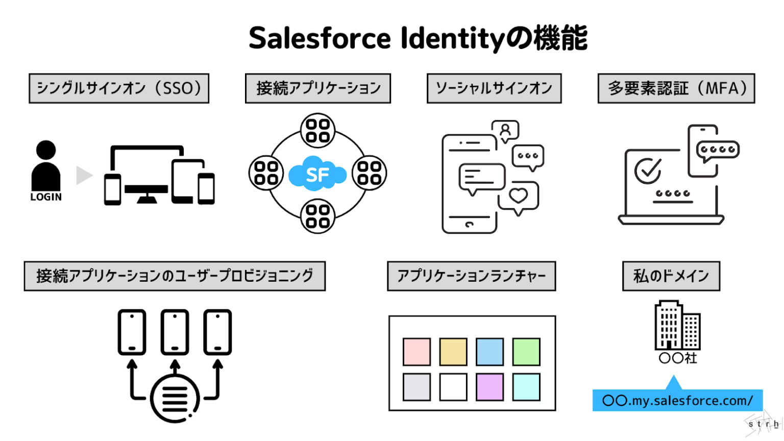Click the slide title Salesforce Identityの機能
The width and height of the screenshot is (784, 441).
(418, 38)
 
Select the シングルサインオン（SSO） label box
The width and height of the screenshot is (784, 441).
(119, 88)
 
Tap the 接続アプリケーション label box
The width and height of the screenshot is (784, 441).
(318, 88)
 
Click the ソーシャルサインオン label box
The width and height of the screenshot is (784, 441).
(494, 88)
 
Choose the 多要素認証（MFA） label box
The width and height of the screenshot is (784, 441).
(676, 88)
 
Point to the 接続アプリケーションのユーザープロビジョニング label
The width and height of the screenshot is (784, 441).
(175, 276)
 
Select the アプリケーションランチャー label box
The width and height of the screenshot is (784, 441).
(471, 276)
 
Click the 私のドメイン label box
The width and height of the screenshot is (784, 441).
(671, 276)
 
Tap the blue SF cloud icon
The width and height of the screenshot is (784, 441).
(317, 174)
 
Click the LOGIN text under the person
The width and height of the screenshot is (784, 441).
(46, 197)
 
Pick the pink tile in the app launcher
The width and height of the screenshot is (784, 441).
(416, 352)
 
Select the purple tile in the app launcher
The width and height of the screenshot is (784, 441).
(489, 387)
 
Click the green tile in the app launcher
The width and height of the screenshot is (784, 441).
(526, 352)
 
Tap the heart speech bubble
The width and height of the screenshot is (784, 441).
(519, 196)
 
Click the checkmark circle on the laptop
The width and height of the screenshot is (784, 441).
(648, 170)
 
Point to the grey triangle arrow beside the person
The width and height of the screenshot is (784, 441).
(83, 175)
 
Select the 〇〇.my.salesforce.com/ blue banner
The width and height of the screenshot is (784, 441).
(677, 401)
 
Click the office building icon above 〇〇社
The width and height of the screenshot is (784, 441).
(677, 325)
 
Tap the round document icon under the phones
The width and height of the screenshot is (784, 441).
(175, 398)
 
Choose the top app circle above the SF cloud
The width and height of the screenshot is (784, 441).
(317, 130)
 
